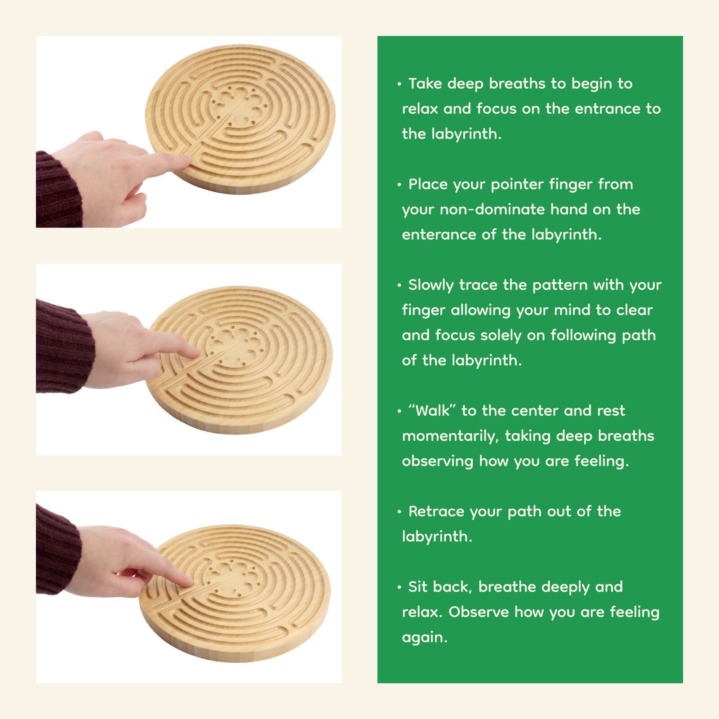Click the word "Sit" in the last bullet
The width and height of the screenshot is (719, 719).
tap(417, 587)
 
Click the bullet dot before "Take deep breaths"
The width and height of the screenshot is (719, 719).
tap(399, 84)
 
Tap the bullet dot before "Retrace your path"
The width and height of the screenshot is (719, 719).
tap(399, 512)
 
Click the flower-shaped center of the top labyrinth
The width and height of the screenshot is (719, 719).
tap(238, 106)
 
